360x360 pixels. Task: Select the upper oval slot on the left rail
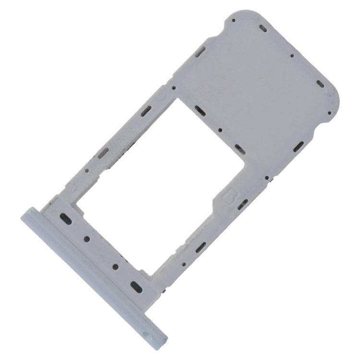coord(142,113)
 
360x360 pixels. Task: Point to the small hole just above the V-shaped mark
coord(174,88)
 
